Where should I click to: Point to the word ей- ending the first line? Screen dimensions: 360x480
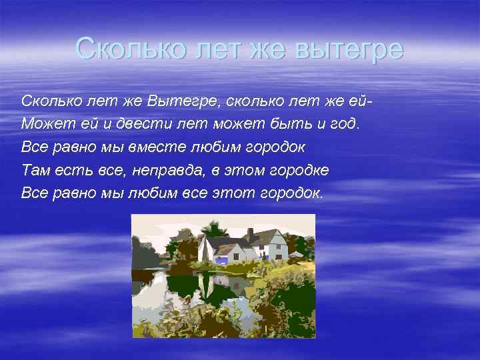[357, 102]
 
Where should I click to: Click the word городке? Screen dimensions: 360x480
[299, 170]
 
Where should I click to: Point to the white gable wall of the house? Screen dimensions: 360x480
[206, 250]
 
